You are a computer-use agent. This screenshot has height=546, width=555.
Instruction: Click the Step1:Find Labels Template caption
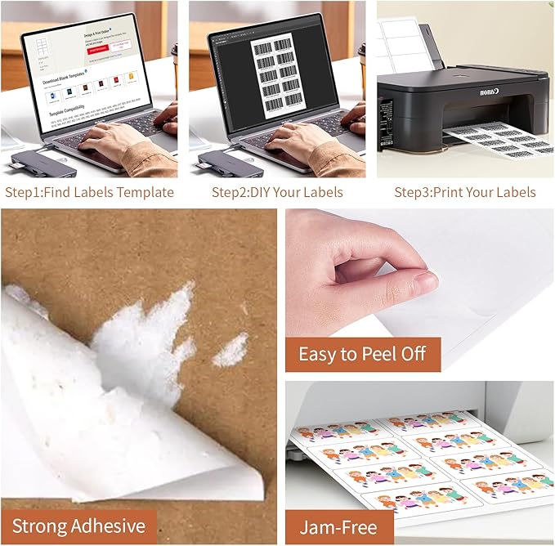click(x=89, y=193)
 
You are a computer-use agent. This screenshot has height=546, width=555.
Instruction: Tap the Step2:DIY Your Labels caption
click(x=277, y=193)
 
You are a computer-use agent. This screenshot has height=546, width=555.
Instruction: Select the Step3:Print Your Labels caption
click(x=465, y=193)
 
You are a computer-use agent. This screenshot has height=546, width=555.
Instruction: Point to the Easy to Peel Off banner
click(x=362, y=355)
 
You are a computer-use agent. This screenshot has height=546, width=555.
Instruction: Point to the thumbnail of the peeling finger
click(x=423, y=282)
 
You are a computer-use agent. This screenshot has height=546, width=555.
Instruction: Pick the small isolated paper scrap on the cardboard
click(x=231, y=350)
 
